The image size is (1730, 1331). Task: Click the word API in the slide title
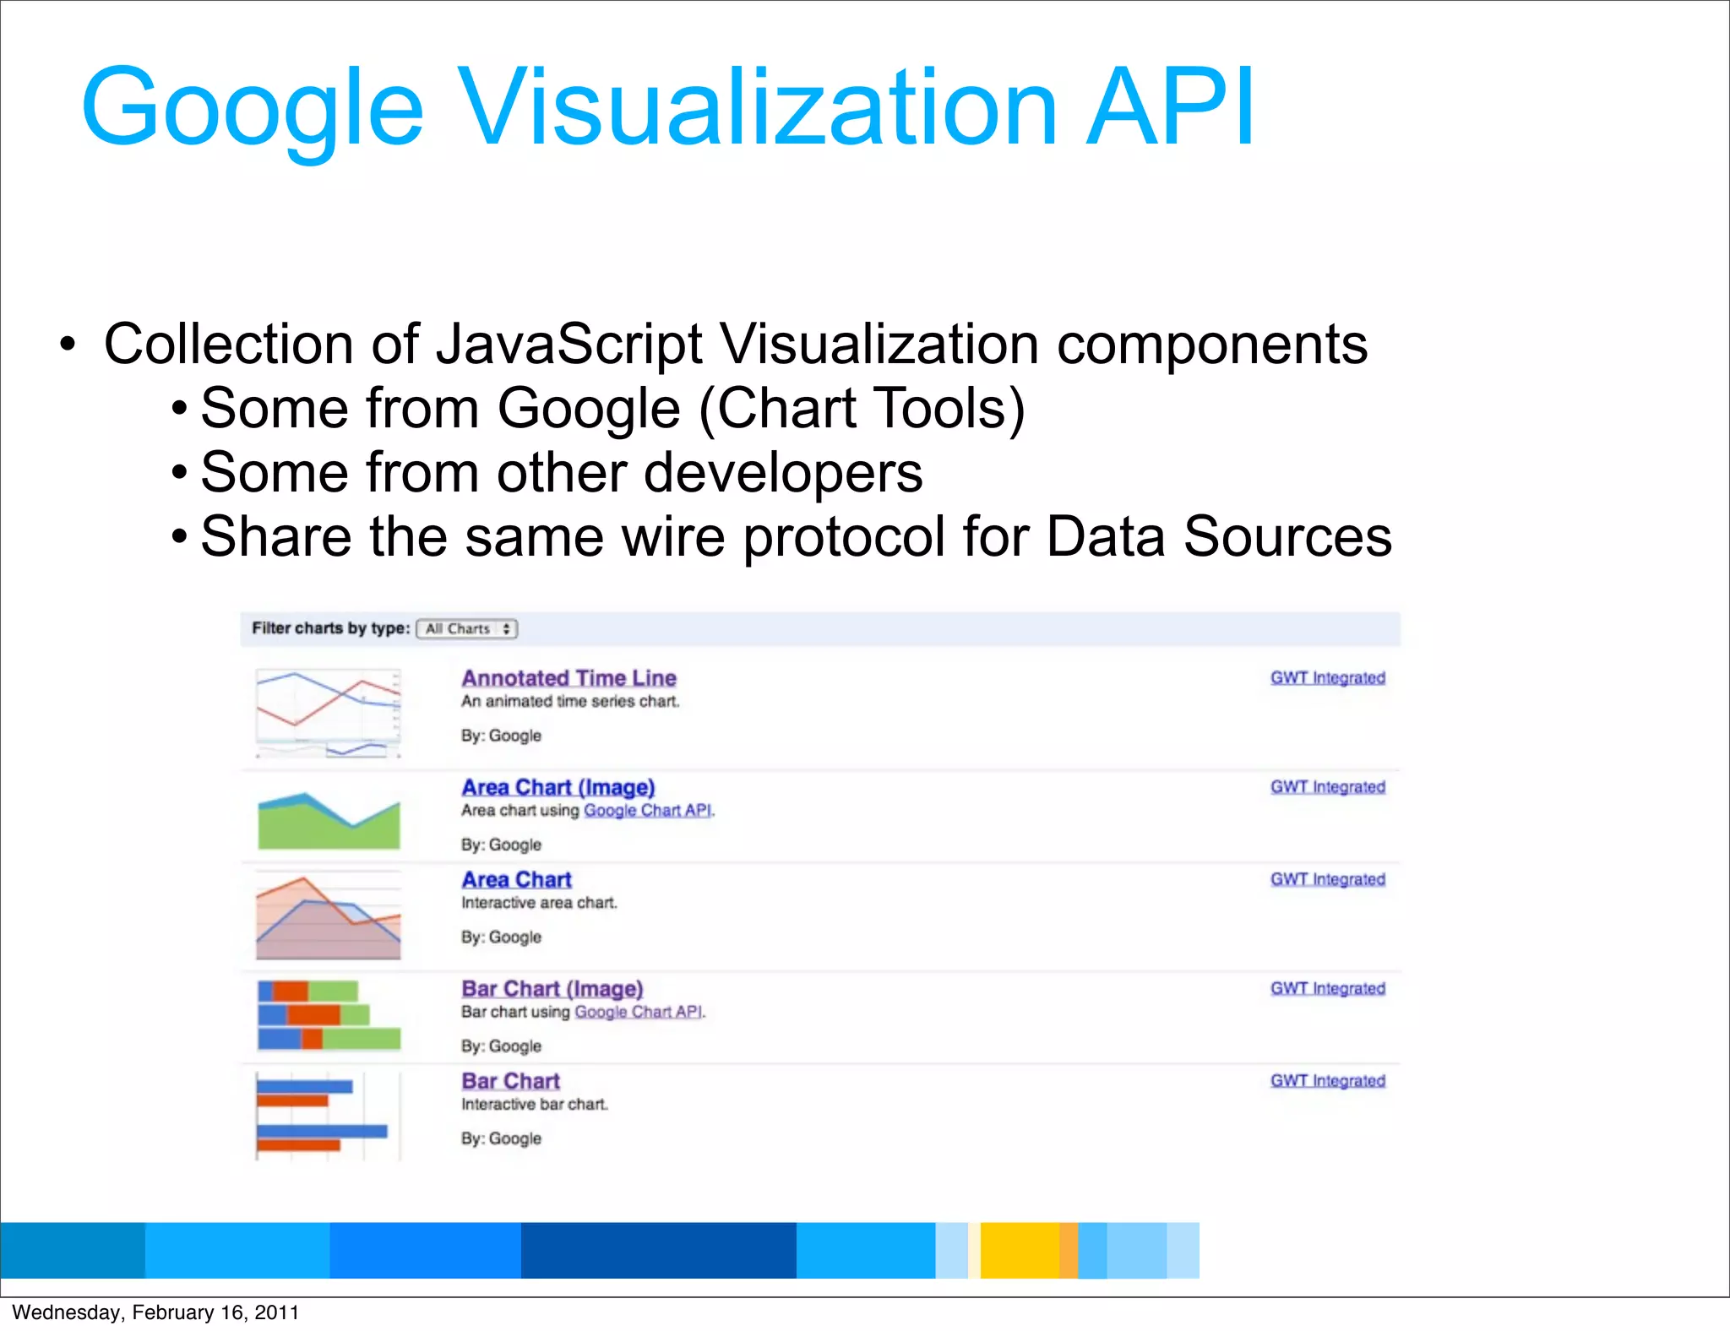(1170, 107)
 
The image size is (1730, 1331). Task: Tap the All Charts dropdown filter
(467, 629)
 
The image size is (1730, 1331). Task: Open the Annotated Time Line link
(569, 678)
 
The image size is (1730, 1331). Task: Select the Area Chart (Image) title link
(558, 787)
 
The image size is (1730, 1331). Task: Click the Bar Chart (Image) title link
(552, 989)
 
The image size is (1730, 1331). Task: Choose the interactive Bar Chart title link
(510, 1081)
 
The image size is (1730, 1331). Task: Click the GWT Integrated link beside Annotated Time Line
(1327, 678)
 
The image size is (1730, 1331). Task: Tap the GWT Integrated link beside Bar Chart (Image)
(1327, 989)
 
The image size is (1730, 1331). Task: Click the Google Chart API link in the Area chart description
(648, 811)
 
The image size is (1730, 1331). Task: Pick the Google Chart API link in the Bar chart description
(639, 1012)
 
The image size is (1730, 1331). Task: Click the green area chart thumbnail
(329, 820)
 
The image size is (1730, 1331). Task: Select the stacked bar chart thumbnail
(329, 1013)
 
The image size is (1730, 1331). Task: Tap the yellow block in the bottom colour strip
(1019, 1250)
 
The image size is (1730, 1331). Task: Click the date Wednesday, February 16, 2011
(155, 1312)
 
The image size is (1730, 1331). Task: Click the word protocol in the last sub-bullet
(844, 537)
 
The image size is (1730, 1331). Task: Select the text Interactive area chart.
(539, 903)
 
